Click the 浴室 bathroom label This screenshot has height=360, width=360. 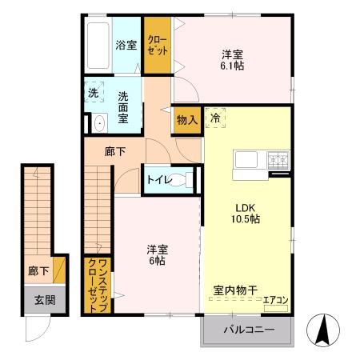pyautogui.click(x=126, y=46)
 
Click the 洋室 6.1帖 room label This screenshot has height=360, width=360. pyautogui.click(x=233, y=60)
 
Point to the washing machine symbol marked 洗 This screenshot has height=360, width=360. pyautogui.click(x=94, y=92)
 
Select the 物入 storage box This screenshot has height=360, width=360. pyautogui.click(x=186, y=120)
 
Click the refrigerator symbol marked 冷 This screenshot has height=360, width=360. pyautogui.click(x=216, y=118)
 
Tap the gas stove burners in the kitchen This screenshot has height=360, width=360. pyautogui.click(x=278, y=160)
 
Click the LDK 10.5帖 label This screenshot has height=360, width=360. pyautogui.click(x=245, y=210)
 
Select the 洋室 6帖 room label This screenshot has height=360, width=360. pyautogui.click(x=156, y=254)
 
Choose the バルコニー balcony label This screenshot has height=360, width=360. pyautogui.click(x=249, y=330)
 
